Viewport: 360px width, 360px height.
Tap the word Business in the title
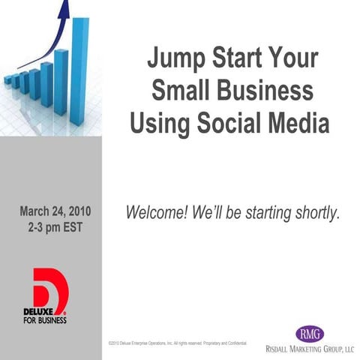point(266,91)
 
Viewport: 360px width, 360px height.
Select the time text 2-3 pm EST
point(49,226)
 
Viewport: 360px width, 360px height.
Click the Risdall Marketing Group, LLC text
point(310,349)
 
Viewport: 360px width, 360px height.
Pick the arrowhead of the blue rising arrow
point(64,9)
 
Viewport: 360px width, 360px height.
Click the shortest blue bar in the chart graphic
point(8,80)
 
